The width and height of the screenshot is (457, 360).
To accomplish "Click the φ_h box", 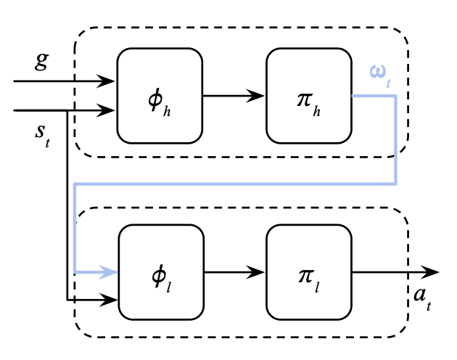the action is tap(160, 96).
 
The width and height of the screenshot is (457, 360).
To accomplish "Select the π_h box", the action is tap(309, 96).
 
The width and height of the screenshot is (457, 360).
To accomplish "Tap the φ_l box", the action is tap(161, 272).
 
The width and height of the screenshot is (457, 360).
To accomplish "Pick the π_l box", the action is tap(309, 272).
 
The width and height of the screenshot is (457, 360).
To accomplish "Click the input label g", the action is tap(41, 62).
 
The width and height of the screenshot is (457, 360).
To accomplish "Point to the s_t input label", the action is tap(43, 136).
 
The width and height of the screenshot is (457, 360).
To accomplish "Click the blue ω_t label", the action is tap(380, 76).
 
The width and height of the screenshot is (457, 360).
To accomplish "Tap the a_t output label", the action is tap(422, 299).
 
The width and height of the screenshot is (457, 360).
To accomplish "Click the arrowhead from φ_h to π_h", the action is tap(255, 96).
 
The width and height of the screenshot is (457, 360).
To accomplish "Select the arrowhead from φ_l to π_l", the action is tap(255, 272).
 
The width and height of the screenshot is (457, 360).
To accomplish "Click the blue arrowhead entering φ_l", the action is tap(108, 272).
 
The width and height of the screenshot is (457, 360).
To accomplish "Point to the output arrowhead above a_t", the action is tap(430, 272).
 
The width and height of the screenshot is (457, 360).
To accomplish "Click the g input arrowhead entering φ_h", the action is tap(105, 81).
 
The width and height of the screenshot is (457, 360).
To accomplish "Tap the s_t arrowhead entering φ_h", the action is tap(105, 110).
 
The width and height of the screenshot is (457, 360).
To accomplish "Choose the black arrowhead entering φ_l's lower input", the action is tap(108, 300).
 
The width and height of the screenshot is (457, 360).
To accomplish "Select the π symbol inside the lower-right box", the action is tap(306, 276).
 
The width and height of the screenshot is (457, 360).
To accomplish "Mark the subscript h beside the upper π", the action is tap(317, 112).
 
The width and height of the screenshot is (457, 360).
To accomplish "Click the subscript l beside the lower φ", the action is tap(169, 287).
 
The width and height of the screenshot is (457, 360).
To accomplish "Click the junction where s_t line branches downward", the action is tap(67, 110).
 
